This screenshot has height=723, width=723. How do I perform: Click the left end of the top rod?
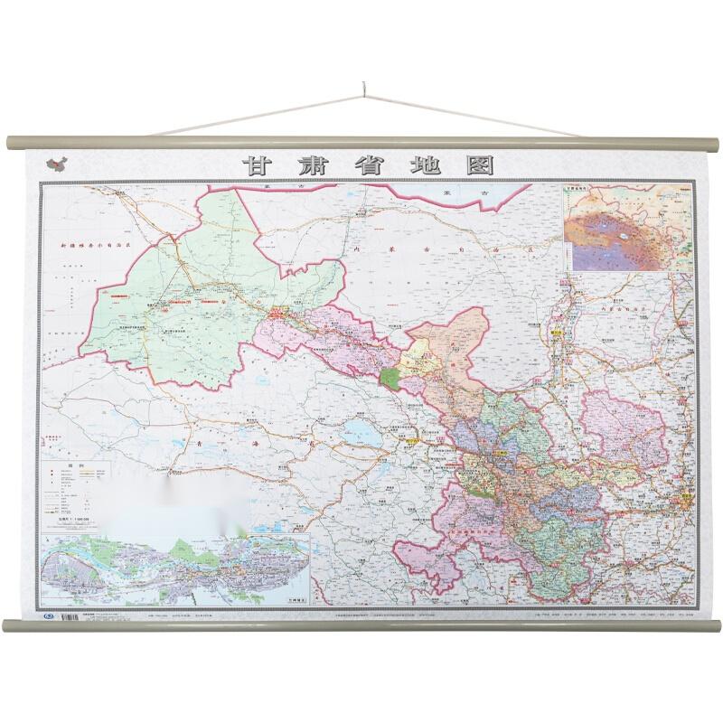pos(11,143)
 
